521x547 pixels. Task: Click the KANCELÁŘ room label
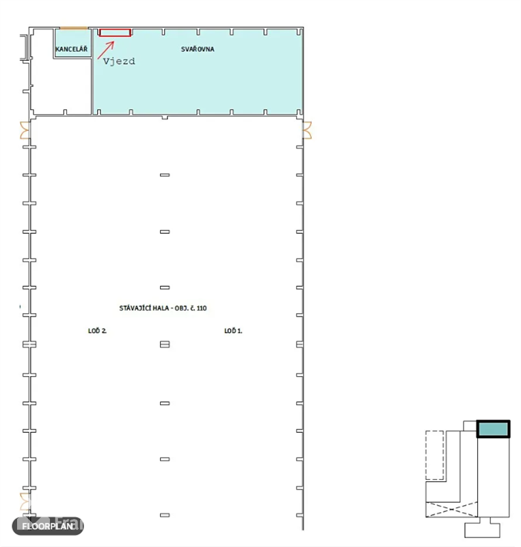[x=72, y=49]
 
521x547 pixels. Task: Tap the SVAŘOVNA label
[x=198, y=49]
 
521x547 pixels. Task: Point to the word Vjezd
[x=119, y=62]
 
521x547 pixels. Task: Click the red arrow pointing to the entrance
[x=106, y=50]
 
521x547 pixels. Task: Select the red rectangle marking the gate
[x=115, y=33]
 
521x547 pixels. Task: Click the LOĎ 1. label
[x=233, y=331]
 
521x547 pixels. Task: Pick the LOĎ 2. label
[x=97, y=331]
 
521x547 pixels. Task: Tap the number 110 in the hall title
[x=202, y=308]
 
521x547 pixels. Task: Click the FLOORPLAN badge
[x=48, y=526]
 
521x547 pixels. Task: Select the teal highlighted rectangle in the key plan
[x=493, y=429]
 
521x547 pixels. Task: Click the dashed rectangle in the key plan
[x=435, y=455]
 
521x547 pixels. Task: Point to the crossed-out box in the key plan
[x=452, y=509]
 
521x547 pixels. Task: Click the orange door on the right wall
[x=307, y=130]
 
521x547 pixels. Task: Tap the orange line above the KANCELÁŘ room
[x=74, y=28]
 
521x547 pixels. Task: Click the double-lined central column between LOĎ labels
[x=165, y=345]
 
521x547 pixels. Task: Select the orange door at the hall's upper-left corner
[x=25, y=130]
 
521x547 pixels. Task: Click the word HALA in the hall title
[x=161, y=308]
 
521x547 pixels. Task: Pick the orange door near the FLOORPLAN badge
[x=25, y=502]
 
